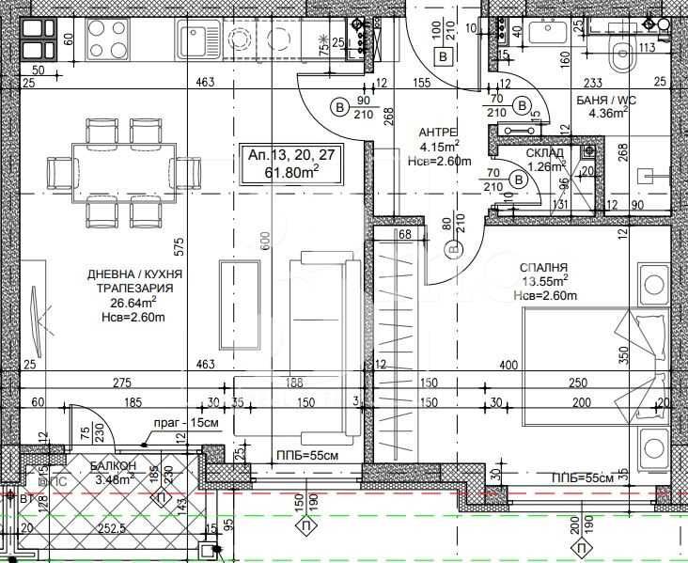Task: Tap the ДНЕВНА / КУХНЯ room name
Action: (x=134, y=274)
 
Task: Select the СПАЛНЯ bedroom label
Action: (x=544, y=268)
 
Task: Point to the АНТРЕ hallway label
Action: (x=439, y=133)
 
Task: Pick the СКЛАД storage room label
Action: (x=545, y=153)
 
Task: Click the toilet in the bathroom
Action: (x=621, y=57)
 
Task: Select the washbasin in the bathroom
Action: (x=547, y=31)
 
